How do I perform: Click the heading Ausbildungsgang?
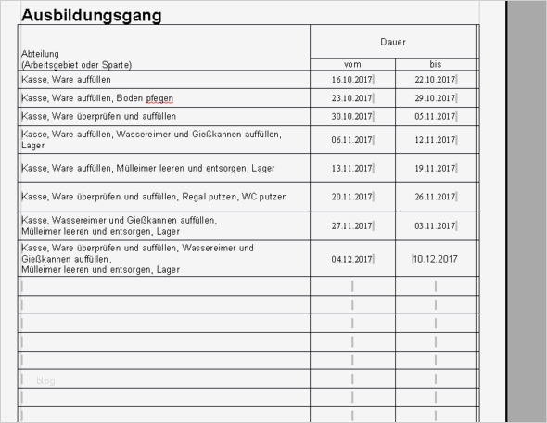tap(91, 16)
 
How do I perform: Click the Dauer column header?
tap(393, 43)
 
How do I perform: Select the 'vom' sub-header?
tap(352, 64)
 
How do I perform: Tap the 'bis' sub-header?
tap(436, 64)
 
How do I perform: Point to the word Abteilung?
tap(40, 54)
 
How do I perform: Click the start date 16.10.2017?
tap(351, 81)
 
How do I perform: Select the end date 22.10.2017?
tap(435, 81)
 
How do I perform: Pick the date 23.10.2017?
tap(351, 98)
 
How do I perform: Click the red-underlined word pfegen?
tap(159, 98)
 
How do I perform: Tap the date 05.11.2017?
tap(435, 116)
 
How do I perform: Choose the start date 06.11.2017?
tap(351, 140)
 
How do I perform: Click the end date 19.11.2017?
tap(435, 168)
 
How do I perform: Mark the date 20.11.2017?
tap(351, 197)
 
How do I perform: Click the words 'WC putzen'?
tap(265, 197)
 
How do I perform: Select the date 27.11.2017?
tap(351, 225)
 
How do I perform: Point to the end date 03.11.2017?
tap(435, 225)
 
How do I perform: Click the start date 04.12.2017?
tap(351, 259)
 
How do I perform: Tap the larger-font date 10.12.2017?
tap(436, 259)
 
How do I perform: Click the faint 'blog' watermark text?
tap(46, 380)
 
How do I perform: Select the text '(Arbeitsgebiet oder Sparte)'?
tap(76, 65)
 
